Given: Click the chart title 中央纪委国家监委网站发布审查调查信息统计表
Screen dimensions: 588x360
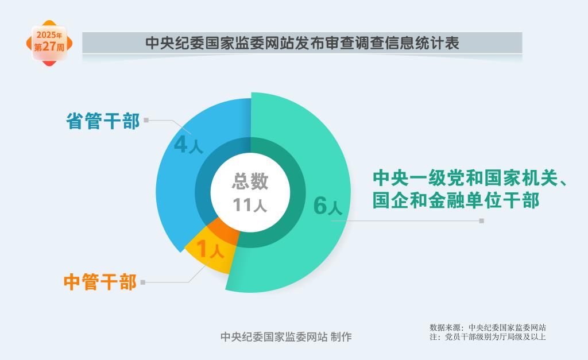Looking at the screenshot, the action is (x=302, y=42).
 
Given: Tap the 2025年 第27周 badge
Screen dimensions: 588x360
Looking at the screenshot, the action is (x=49, y=43).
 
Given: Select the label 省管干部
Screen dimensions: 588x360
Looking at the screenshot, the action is (x=103, y=121).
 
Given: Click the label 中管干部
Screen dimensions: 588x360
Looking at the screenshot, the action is (x=100, y=282).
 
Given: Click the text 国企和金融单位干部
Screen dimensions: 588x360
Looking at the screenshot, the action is (x=455, y=200).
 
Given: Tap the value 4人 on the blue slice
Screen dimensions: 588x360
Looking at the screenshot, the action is (x=188, y=145).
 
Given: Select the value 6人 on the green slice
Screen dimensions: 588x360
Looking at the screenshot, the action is (x=328, y=206).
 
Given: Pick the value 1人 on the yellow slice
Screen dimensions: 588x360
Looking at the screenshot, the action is (x=210, y=249).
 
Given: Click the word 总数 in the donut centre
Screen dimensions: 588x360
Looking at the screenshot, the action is (x=250, y=181).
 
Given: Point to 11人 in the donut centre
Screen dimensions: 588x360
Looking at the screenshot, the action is (x=250, y=205).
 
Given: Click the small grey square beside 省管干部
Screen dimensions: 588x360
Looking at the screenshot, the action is (x=146, y=120).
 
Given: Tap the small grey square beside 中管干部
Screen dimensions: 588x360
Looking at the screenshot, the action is (x=143, y=282).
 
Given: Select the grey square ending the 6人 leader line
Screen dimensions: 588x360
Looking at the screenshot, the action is (x=482, y=221).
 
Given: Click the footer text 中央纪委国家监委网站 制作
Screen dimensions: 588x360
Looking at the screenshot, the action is (x=286, y=337).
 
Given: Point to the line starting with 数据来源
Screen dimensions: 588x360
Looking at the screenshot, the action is (x=488, y=328).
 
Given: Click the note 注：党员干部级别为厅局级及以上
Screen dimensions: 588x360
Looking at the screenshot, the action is (x=488, y=337).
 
